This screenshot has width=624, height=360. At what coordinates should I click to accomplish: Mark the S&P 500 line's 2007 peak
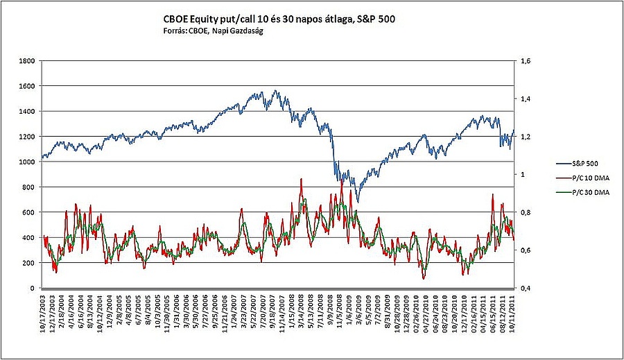pos(275,90)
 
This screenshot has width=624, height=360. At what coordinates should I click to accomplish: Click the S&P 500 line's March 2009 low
pos(358,202)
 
